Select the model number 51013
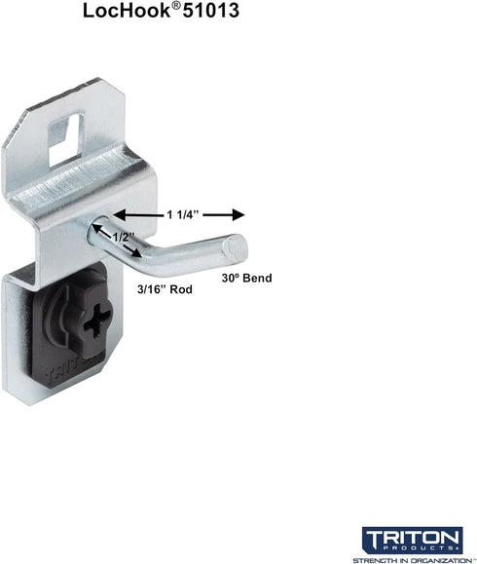point(211,11)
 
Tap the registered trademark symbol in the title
point(176,7)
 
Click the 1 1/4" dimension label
point(183,215)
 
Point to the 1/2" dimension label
point(124,237)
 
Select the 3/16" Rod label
point(165,289)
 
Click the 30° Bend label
point(246,278)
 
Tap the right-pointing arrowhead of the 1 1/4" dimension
point(238,215)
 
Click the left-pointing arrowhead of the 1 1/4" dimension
point(120,215)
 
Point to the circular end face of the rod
point(235,247)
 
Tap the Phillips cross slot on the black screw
point(96,319)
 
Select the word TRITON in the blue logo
point(412,538)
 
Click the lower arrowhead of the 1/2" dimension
point(136,253)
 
